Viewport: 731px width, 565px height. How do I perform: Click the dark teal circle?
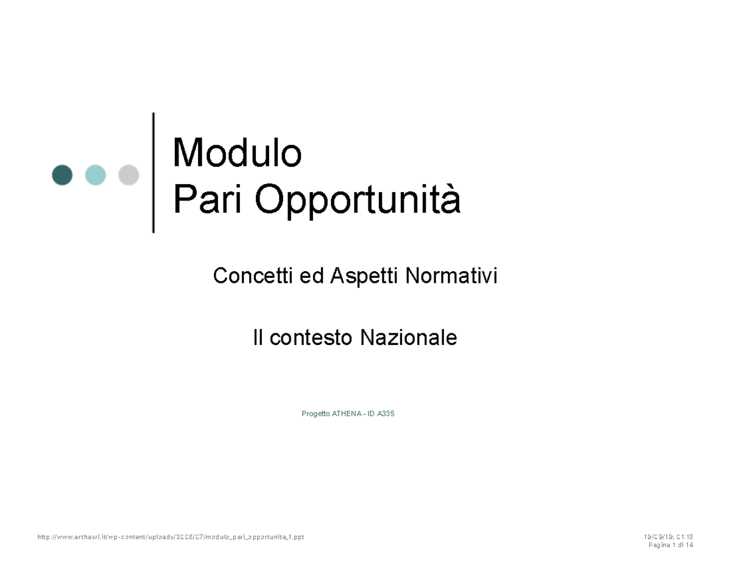62,175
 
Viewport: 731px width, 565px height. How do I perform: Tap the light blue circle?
95,175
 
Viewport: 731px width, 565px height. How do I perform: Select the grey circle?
129,175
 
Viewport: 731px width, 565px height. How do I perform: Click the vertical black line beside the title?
153,172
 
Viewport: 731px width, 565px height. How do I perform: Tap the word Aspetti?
364,277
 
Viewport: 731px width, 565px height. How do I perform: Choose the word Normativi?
451,277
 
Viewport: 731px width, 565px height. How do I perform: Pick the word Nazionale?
408,337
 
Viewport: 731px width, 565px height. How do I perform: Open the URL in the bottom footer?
171,537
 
